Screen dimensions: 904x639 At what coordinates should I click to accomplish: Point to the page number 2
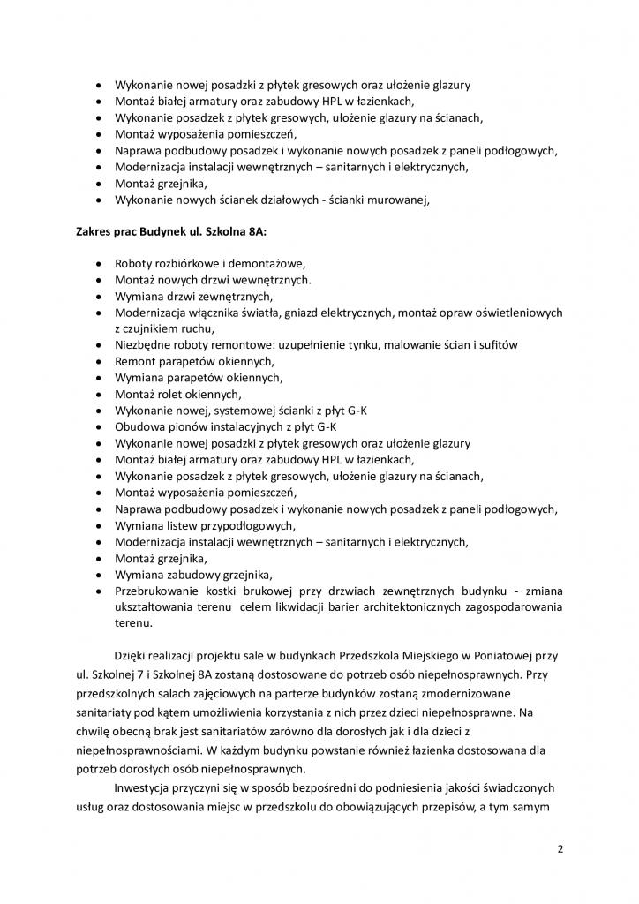tap(560, 849)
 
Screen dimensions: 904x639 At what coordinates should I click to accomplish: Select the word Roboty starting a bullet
tap(135, 264)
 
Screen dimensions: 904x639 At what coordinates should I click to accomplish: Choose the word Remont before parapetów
tap(137, 362)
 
